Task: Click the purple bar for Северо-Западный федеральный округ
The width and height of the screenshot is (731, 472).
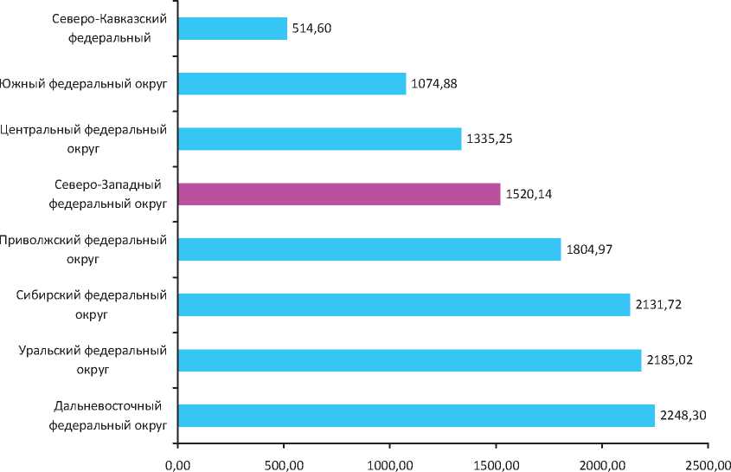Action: tap(339, 194)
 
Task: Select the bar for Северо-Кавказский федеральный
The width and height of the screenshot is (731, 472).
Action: tap(232, 29)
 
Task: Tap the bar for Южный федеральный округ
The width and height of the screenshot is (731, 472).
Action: tap(292, 83)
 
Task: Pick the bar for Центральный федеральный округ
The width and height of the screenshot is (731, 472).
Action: tap(319, 139)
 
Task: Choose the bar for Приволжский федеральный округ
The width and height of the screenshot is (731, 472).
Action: tap(369, 249)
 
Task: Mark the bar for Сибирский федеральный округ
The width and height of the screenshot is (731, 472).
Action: tap(404, 305)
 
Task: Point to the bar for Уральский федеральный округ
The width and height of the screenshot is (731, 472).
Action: tap(409, 360)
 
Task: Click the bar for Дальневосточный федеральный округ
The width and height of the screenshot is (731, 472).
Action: tap(416, 416)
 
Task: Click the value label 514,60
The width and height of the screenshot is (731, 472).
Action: tap(311, 29)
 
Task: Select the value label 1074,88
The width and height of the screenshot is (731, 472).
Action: tap(434, 84)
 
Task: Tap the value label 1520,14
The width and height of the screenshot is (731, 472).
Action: tap(528, 195)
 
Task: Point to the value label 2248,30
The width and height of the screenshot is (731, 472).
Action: tap(683, 416)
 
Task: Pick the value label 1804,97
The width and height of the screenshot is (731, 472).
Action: tap(588, 250)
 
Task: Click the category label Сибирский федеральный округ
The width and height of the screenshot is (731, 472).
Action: tap(92, 305)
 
